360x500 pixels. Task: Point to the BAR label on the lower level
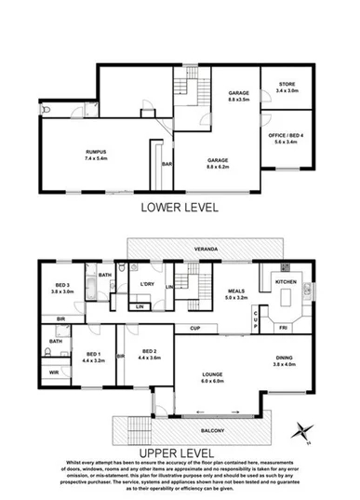(x=167, y=165)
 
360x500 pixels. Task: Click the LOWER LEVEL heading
(x=180, y=209)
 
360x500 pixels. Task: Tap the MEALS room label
(x=236, y=291)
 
